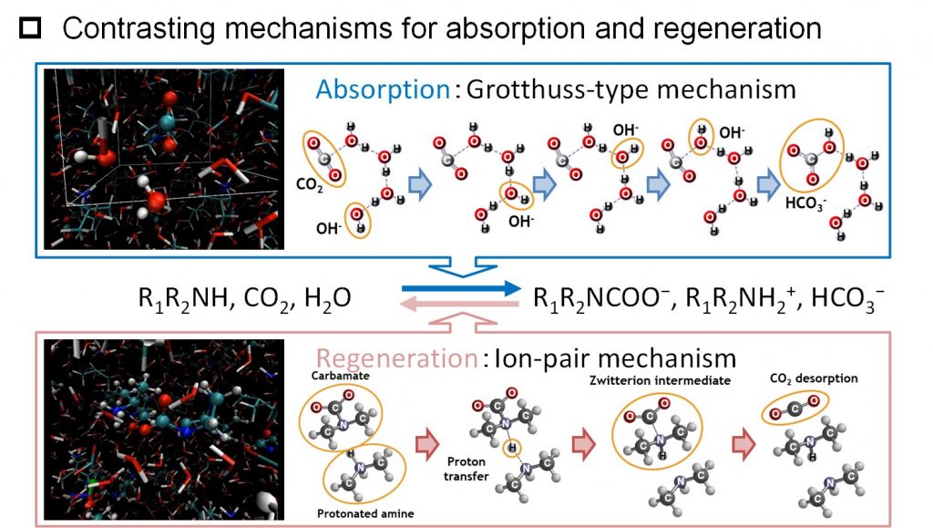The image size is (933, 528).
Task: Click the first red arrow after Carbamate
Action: click(426, 445)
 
